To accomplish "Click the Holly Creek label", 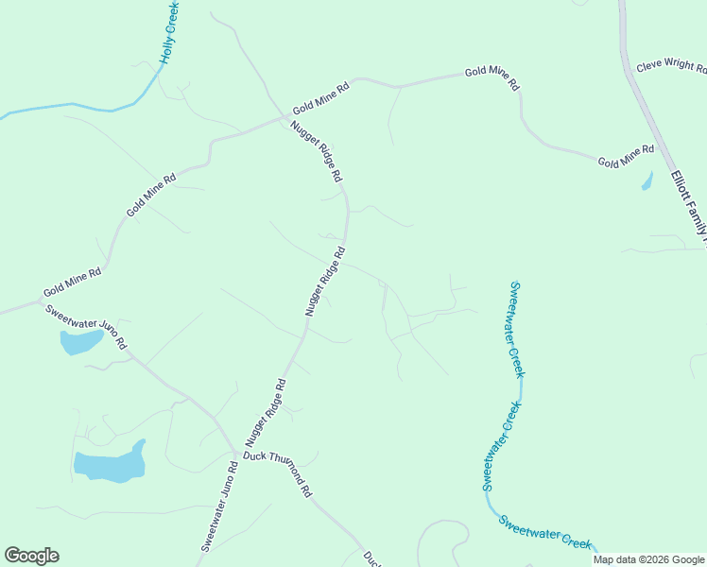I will pos(169,32).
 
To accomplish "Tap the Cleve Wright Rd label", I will pos(671,67).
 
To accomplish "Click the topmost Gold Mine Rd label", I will pos(491,78).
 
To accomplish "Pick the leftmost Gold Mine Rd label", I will pos(71,282).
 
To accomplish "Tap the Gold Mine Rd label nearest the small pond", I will pos(626,157).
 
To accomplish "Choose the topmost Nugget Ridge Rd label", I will pos(316,151).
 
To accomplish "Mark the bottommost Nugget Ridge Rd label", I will pos(266,413).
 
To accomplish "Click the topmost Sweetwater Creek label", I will pos(516,330).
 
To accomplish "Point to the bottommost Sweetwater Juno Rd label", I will pos(217,507).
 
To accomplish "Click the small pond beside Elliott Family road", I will pos(647,180).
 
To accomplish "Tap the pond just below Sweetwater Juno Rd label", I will pos(80,341).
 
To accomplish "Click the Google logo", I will pos(31,556).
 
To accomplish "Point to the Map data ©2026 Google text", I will pos(648,559).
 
